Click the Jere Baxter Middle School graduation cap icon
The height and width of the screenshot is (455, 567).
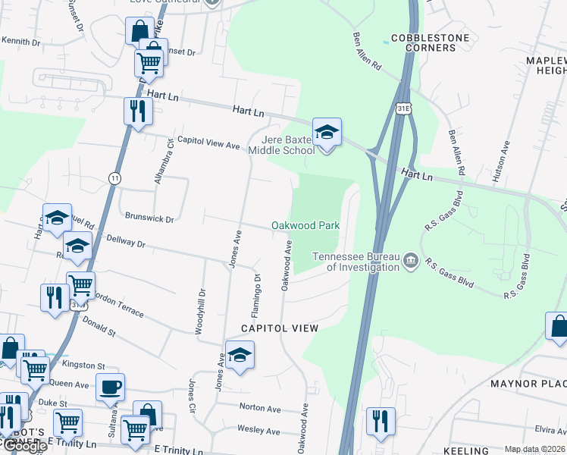point(327,133)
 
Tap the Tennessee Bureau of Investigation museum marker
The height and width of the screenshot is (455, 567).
point(410,262)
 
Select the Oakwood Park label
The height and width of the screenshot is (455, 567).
point(305,225)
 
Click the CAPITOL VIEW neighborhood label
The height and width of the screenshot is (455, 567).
point(279,328)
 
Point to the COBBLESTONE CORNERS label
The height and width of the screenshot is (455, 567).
point(430,42)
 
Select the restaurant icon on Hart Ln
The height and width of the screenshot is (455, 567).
point(137,111)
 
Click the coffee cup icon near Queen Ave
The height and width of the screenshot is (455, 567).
point(110,387)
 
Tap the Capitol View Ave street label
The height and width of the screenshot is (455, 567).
point(208,143)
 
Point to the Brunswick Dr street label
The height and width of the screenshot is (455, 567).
point(149,218)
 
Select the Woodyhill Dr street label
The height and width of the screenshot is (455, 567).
point(201,312)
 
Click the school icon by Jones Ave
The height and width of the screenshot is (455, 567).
point(240,355)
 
